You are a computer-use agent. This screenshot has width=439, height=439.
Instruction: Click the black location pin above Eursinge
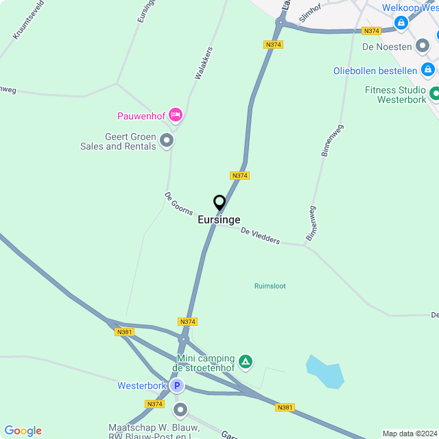click(219, 203)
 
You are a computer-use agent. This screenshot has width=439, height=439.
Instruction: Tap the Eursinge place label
click(219, 219)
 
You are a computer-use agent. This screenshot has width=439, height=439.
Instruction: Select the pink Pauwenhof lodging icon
click(175, 115)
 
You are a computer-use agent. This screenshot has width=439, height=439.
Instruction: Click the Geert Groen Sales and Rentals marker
click(166, 141)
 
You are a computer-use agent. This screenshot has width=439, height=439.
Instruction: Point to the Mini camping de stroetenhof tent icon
click(246, 361)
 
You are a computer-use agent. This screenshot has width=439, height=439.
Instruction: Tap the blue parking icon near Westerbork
click(177, 385)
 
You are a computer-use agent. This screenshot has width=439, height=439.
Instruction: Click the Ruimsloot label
click(270, 286)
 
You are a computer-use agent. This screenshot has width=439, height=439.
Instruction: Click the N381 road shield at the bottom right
click(285, 407)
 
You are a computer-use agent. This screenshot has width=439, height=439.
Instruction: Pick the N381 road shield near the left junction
click(124, 332)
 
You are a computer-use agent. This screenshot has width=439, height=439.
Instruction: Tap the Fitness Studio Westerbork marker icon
click(434, 93)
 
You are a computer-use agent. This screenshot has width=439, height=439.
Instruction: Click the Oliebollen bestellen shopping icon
click(428, 70)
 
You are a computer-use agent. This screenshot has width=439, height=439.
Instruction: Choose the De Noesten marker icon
click(423, 47)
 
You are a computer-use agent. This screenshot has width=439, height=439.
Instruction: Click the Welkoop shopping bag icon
click(401, 23)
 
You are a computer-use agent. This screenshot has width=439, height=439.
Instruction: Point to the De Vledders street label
click(260, 236)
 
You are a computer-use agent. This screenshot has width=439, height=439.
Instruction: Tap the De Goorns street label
click(178, 204)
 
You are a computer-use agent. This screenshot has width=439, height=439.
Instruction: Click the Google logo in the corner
click(23, 431)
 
